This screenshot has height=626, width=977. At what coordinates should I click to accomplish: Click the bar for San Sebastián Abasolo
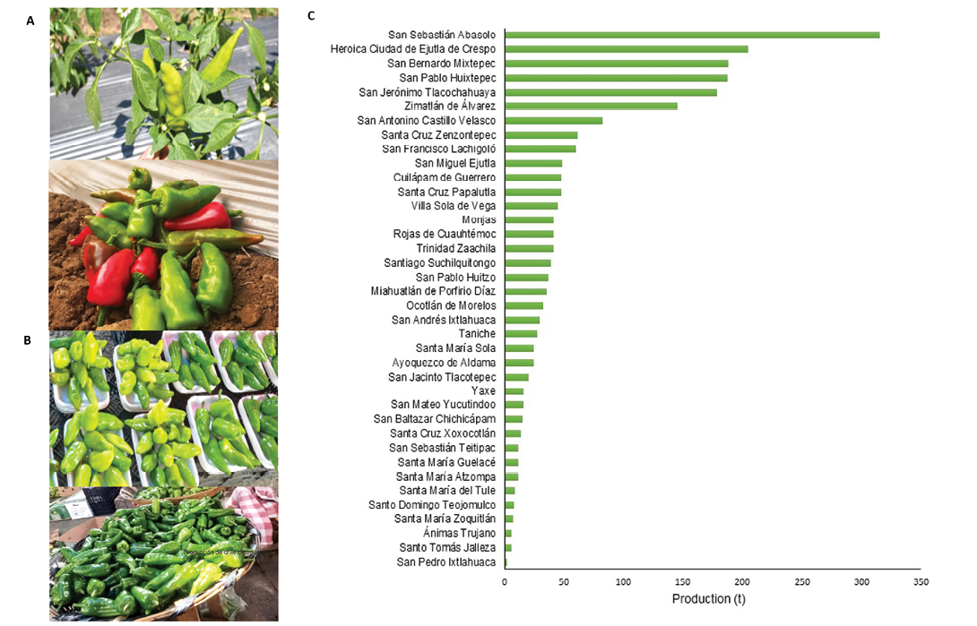[x=692, y=35]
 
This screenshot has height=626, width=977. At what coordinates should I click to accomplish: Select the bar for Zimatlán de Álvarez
[x=591, y=106]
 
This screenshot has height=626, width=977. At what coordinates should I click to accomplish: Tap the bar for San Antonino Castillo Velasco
[x=553, y=120]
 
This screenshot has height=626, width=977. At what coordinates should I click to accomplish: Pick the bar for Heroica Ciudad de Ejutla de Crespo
[x=627, y=49]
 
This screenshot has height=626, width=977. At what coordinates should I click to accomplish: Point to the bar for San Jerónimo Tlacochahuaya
[x=610, y=92]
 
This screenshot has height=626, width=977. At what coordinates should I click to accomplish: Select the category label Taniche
[x=477, y=334]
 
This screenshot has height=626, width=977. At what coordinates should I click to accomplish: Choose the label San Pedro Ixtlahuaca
[x=445, y=562]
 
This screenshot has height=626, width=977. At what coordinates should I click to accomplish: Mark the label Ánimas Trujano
[x=459, y=534]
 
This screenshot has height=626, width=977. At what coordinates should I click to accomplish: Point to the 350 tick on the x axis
[x=920, y=582]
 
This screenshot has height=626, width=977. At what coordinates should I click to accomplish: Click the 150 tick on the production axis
[x=682, y=582]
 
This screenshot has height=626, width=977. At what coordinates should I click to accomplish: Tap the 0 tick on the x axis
[x=505, y=582]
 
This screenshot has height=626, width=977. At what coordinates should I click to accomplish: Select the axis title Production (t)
[x=708, y=598]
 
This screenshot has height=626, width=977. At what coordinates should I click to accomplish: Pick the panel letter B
[x=28, y=341]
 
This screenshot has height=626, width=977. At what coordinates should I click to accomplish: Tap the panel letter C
[x=311, y=16]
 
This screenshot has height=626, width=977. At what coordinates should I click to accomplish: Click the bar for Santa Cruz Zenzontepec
[x=540, y=134]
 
